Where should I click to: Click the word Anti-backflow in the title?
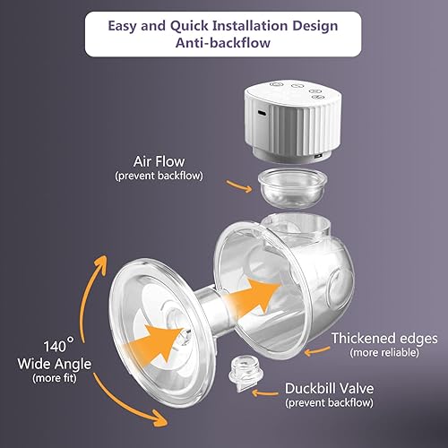(224, 44)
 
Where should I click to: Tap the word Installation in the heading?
(239, 25)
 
